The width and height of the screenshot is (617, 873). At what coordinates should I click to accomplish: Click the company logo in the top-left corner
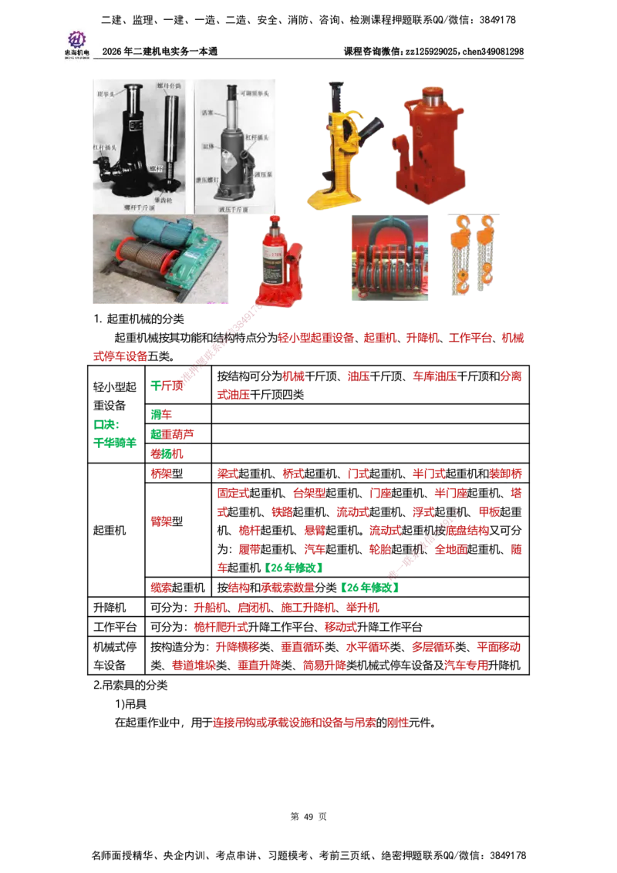(76, 42)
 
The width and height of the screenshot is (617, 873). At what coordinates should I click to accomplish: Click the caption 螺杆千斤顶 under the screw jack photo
(141, 207)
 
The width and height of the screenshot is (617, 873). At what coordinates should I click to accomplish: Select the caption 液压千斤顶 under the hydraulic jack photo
(235, 207)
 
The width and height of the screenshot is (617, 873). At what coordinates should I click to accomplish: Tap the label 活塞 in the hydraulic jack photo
(207, 111)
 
